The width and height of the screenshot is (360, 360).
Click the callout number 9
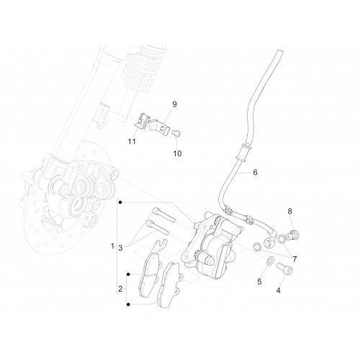[x=174, y=104]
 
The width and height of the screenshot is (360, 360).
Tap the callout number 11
[x=132, y=142]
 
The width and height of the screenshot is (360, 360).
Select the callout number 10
[x=177, y=153]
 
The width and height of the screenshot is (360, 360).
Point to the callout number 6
[x=255, y=172]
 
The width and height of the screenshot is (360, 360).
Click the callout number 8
[x=290, y=212]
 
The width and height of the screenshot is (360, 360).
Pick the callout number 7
[x=294, y=259]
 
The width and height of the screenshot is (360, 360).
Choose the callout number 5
[x=259, y=282]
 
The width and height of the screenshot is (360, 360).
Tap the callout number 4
[x=279, y=291]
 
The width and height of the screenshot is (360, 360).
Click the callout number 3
[x=120, y=248]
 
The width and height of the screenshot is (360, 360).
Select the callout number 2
[x=120, y=289]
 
